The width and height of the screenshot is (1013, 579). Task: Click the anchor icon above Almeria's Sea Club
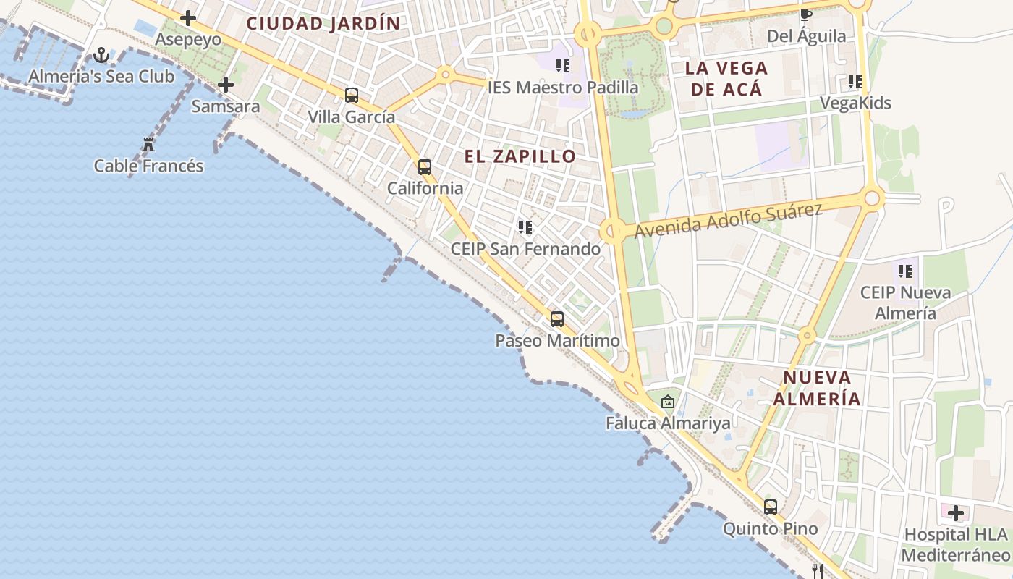101,55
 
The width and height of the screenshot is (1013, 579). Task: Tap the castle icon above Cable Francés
148,144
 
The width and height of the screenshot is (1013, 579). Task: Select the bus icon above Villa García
352,95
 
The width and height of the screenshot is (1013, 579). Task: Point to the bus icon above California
425,167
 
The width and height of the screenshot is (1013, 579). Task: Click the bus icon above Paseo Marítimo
557,318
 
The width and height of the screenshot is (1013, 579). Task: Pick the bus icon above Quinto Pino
771,507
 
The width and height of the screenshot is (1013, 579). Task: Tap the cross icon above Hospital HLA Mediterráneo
956,513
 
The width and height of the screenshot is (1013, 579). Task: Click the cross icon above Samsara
226,85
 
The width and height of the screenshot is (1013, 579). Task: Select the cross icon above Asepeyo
188,18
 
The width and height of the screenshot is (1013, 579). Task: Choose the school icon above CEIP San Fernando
525,227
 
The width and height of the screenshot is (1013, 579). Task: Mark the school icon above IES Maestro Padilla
563,67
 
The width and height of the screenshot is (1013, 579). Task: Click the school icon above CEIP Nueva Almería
905,271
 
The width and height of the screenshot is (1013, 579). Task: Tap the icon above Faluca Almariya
668,401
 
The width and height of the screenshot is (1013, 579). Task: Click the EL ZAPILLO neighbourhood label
520,156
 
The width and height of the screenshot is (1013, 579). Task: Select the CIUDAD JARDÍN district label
323,23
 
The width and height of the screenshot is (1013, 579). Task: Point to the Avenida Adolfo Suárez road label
729,220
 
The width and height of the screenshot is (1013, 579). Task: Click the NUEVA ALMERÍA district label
817,388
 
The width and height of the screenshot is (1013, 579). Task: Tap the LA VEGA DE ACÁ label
726,79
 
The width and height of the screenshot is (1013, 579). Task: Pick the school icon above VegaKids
855,82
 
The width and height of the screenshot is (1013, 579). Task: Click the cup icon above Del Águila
806,15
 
